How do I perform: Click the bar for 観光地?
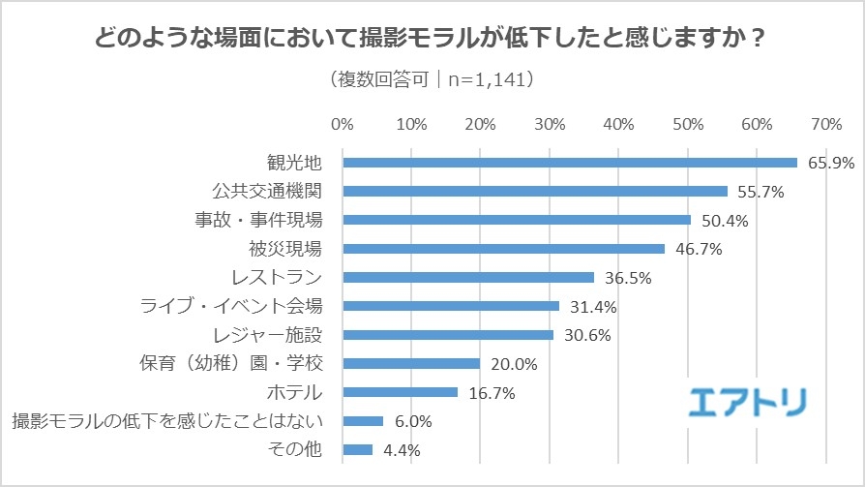pyautogui.click(x=569, y=163)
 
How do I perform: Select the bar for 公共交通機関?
pyautogui.click(x=535, y=191)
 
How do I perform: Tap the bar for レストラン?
pyautogui.click(x=468, y=278)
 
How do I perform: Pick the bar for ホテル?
pyautogui.click(x=400, y=392)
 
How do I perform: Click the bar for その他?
pyautogui.click(x=357, y=449)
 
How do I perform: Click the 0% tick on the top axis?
pyautogui.click(x=343, y=125)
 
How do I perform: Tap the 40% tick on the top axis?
pyautogui.click(x=618, y=125)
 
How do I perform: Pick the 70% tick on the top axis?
pyautogui.click(x=826, y=125)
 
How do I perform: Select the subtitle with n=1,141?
pyautogui.click(x=432, y=77)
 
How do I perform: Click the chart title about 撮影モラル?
pyautogui.click(x=432, y=41)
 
